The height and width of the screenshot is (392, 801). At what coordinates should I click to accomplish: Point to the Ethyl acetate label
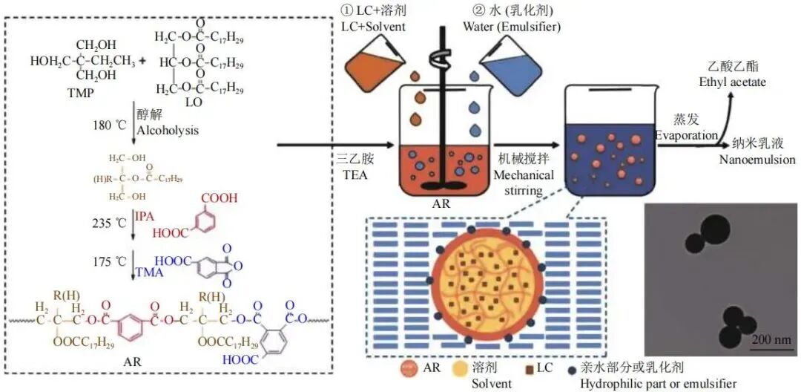tap(732, 82)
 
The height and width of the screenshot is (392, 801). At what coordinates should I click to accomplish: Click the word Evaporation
tap(685, 136)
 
